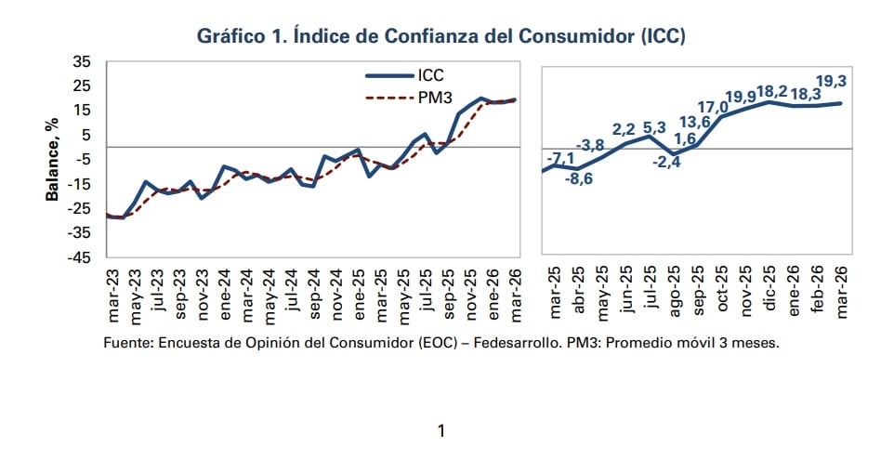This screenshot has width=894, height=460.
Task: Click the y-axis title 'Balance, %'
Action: (53, 159)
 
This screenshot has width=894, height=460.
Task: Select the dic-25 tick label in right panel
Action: (769, 293)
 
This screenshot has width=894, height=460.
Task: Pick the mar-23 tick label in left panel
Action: (112, 293)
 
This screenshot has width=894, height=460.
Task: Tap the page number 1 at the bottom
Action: (442, 430)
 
